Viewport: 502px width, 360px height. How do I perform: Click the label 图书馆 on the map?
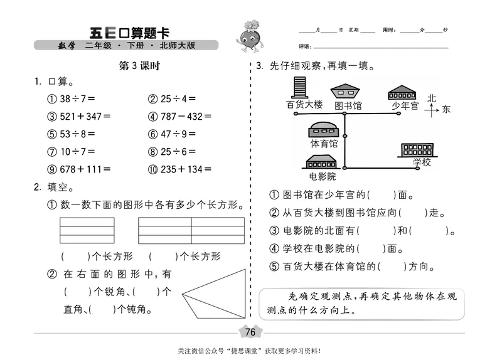[348, 106]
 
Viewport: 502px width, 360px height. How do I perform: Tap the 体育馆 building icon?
[324, 130]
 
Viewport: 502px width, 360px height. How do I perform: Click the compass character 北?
[432, 98]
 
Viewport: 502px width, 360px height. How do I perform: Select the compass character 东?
[446, 110]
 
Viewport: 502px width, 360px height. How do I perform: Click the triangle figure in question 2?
[213, 295]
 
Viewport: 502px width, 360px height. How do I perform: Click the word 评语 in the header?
[304, 46]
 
